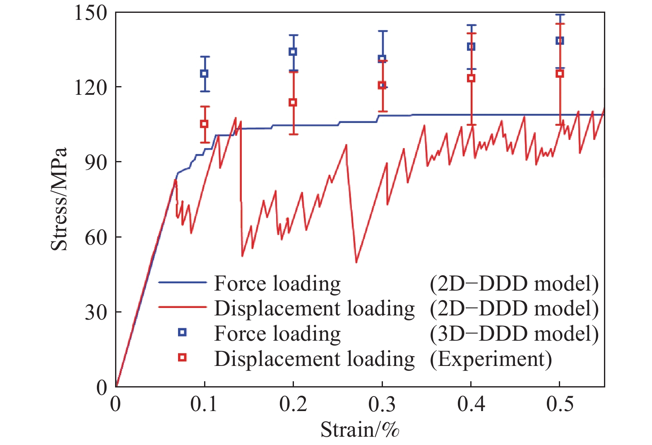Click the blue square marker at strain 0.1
pos(204,74)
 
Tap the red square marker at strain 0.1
pos(204,124)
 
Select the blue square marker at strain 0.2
pos(293,52)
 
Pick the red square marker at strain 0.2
pos(293,103)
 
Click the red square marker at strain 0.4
pos(471,78)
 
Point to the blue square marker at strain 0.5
pos(560,41)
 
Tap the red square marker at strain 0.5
pos(560,74)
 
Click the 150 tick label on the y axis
pos(91,12)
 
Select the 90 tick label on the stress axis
pos(96,162)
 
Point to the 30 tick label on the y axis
pos(96,312)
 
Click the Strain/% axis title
pos(360,430)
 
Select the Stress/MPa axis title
pos(59,199)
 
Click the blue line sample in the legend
pos(182,283)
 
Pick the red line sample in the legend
pos(182,308)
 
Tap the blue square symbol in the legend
pos(182,332)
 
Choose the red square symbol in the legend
pos(182,357)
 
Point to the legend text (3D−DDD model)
pos(514,334)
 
